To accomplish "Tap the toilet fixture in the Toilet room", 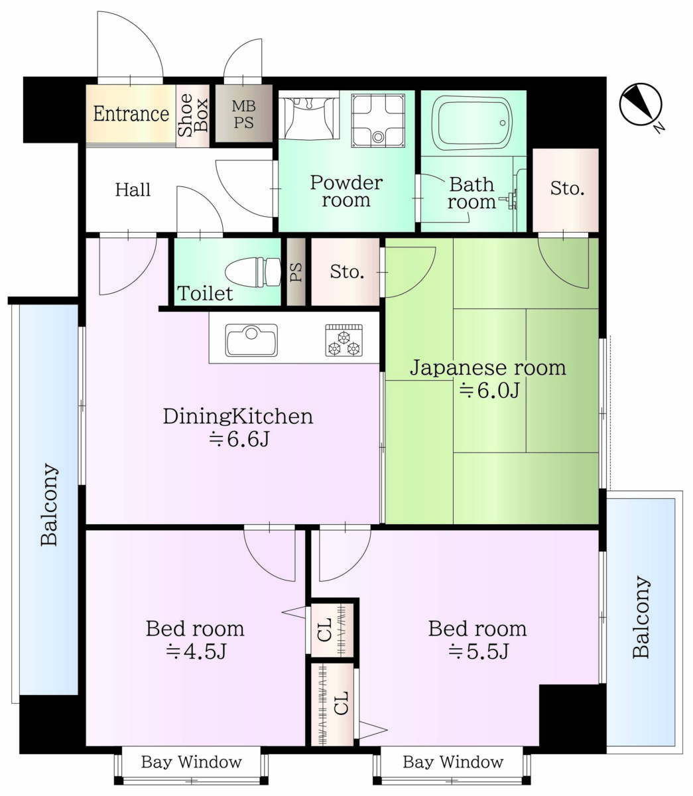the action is click(x=253, y=272).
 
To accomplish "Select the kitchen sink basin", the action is click(x=251, y=340).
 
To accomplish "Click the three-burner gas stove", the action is click(x=344, y=340).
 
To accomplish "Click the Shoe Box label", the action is click(x=193, y=115).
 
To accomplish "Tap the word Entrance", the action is click(x=131, y=113).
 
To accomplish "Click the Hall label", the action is click(x=133, y=190).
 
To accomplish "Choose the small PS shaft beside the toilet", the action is click(x=296, y=271).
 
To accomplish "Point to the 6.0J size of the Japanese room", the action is click(x=489, y=390).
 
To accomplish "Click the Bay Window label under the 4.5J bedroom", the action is click(x=192, y=762).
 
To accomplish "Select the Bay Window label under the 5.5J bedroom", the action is click(x=453, y=762).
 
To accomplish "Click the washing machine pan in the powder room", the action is click(x=378, y=120).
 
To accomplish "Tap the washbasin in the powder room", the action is click(x=309, y=115).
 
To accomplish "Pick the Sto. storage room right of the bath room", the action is click(x=566, y=190).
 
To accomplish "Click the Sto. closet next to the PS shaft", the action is click(x=346, y=271).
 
